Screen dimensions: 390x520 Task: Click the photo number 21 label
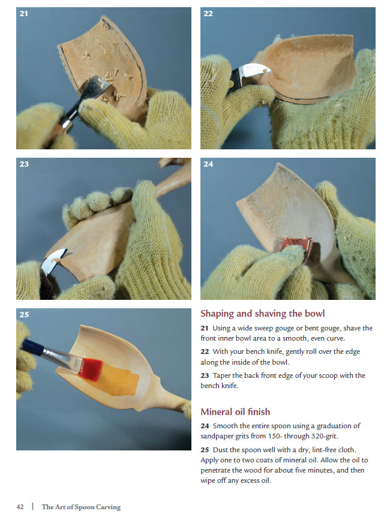tap(23, 14)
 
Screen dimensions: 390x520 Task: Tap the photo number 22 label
tap(208, 14)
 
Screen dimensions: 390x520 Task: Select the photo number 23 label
tap(24, 164)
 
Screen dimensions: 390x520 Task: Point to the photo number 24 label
tap(208, 164)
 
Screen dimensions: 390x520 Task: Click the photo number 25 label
tap(24, 315)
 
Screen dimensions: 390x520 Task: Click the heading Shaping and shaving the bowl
tap(263, 314)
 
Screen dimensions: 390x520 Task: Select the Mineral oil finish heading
tap(235, 412)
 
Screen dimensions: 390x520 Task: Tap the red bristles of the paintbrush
tap(90, 369)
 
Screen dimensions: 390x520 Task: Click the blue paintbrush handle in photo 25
tap(33, 347)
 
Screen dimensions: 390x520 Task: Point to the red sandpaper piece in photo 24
tap(296, 245)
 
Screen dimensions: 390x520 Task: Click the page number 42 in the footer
tap(20, 507)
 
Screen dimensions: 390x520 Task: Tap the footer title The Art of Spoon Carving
tap(81, 507)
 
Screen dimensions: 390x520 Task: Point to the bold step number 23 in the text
tap(205, 375)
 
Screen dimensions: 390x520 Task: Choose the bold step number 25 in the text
tap(205, 450)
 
